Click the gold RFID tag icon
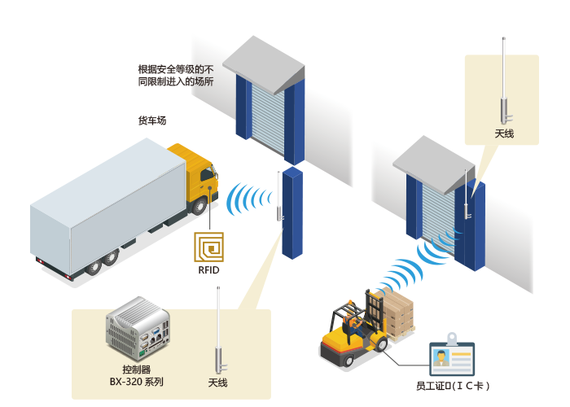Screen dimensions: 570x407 (208, 247)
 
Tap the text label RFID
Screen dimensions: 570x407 (208, 270)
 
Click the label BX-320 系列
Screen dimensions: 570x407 (136, 382)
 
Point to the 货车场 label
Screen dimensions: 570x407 (152, 120)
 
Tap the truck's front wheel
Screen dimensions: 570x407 (199, 206)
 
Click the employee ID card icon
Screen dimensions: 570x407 (452, 356)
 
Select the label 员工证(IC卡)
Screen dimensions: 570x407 (453, 386)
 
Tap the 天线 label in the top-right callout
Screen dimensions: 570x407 (504, 133)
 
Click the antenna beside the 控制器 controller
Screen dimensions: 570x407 (219, 330)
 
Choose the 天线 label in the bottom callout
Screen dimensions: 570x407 (217, 383)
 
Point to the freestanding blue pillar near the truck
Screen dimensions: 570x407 (292, 212)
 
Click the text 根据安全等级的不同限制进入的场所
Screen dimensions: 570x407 (176, 75)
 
